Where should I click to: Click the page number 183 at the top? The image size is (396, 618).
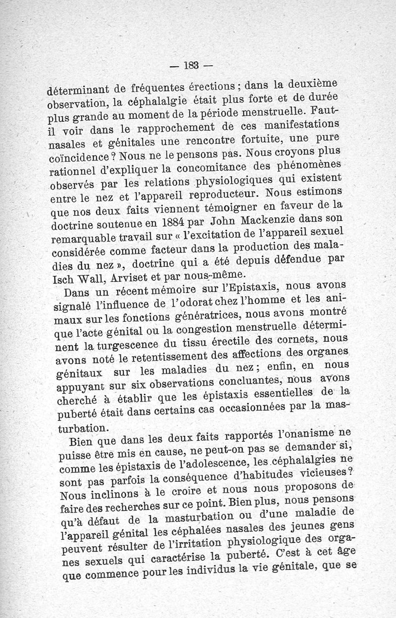tap(190, 64)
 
